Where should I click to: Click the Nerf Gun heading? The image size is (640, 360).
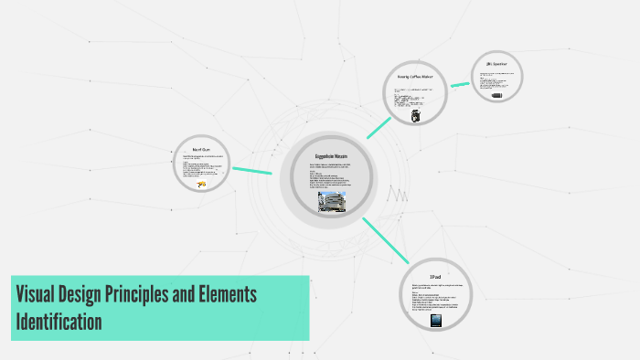201,148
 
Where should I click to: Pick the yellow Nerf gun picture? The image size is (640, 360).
200,185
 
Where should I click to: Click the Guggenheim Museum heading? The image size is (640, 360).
330,157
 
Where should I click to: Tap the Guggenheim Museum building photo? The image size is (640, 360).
330,202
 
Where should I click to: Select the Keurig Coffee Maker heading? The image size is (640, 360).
416,77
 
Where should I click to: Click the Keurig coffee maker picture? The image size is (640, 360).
416,117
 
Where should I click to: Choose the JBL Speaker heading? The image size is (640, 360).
496,64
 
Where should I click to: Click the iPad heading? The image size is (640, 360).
435,276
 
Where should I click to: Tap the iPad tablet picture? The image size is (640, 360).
435,321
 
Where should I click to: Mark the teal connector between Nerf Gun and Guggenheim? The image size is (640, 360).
252,170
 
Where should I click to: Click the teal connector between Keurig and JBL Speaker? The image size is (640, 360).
460,84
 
